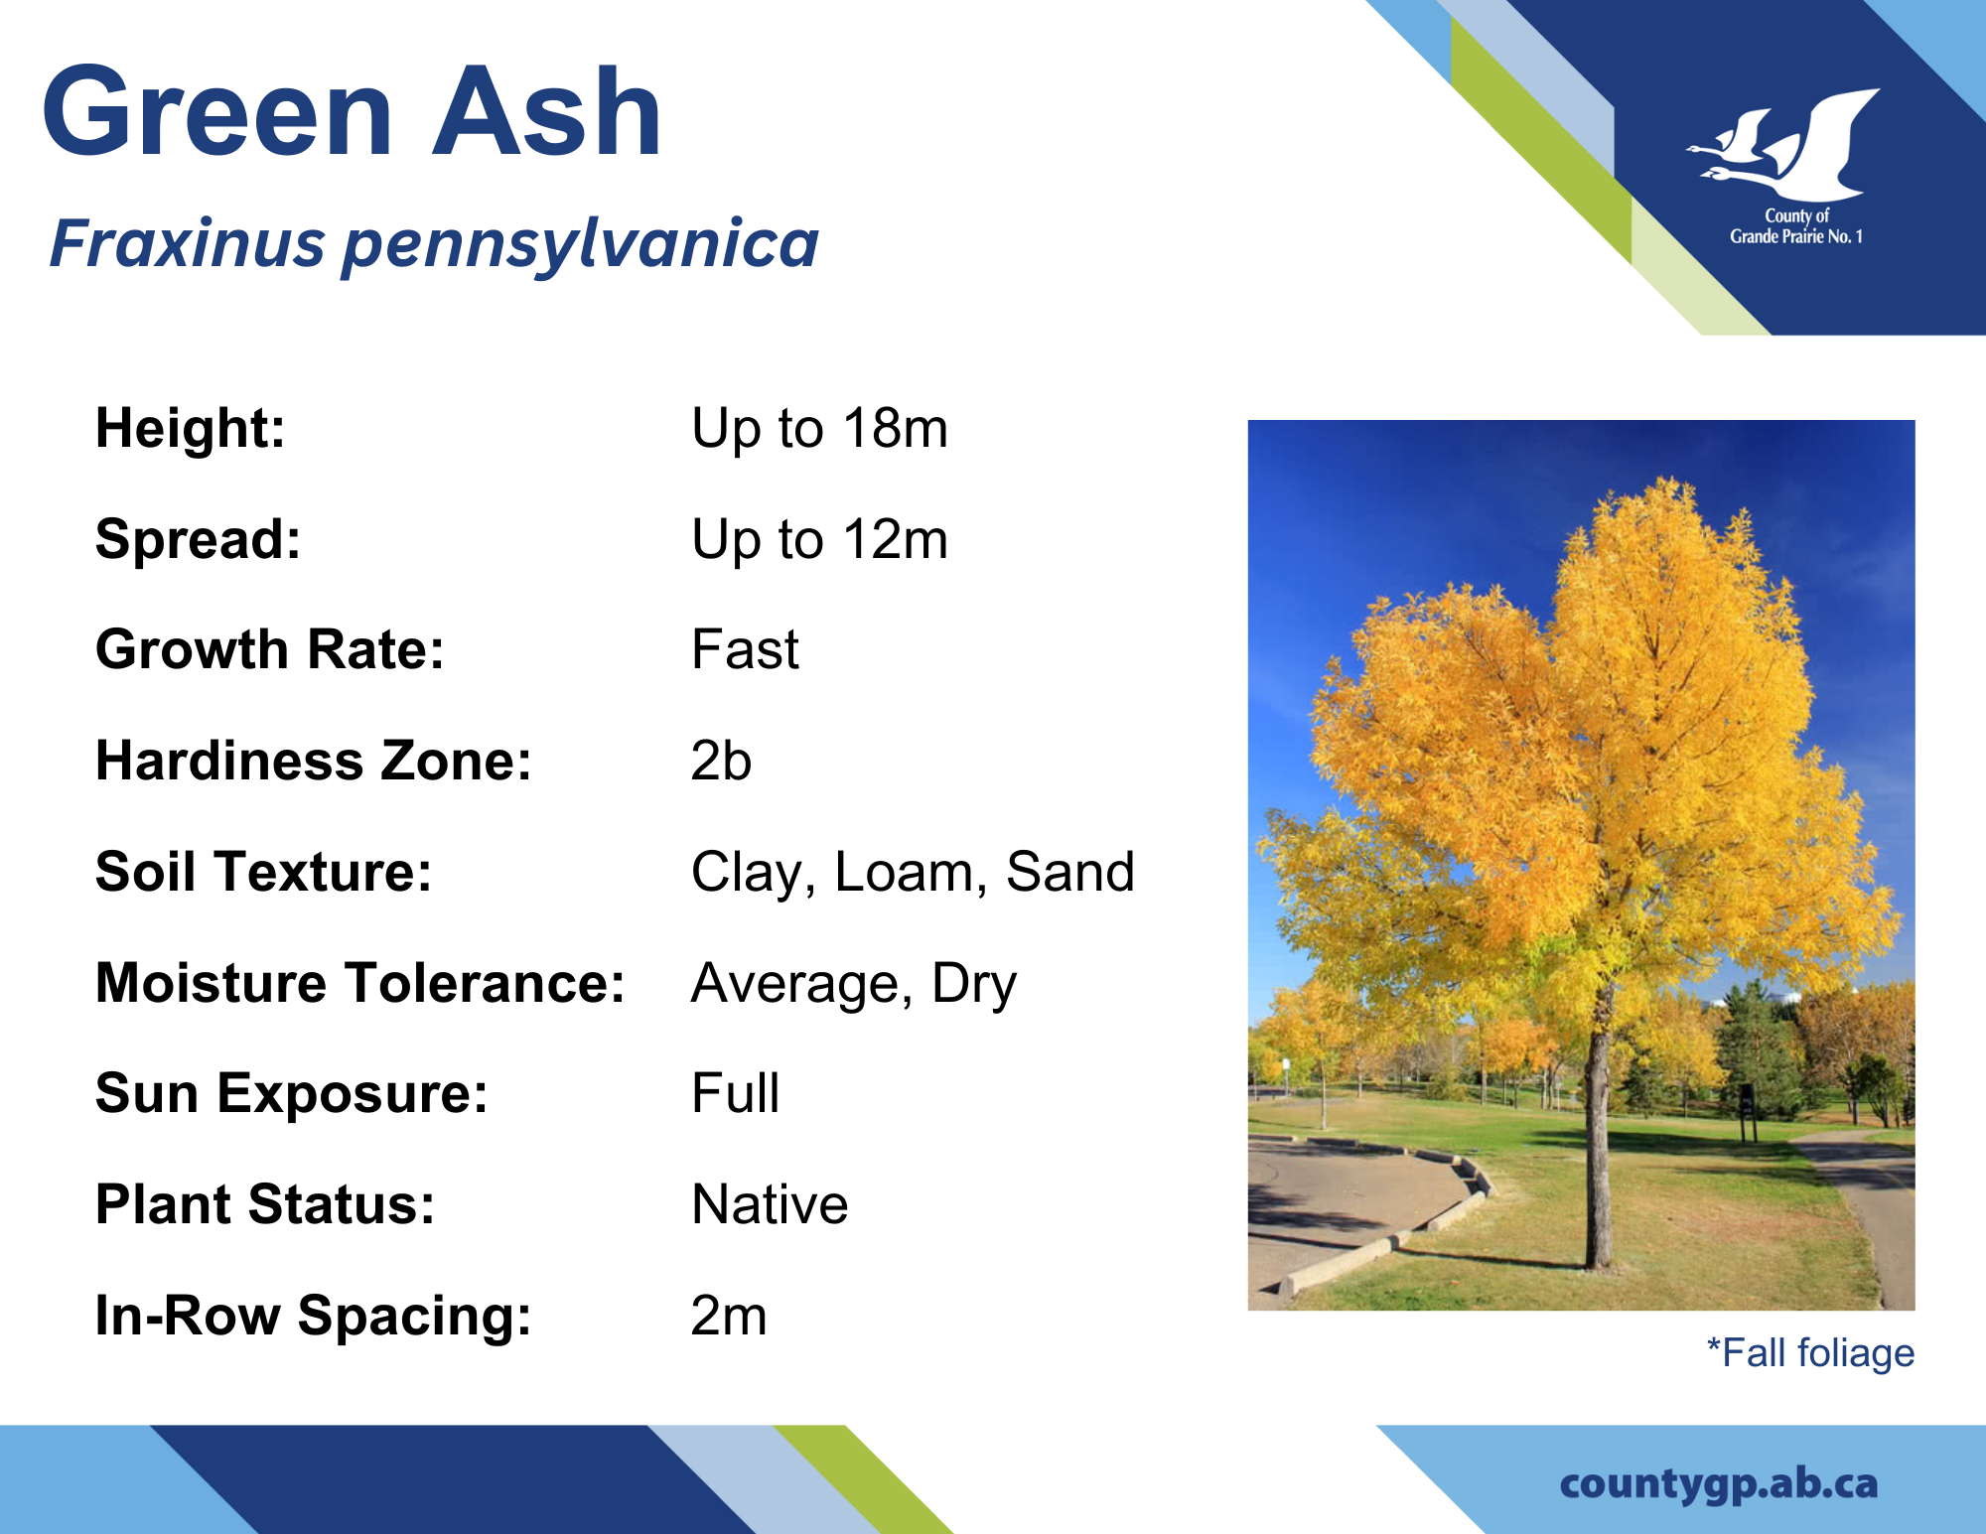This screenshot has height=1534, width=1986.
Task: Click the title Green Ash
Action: [353, 111]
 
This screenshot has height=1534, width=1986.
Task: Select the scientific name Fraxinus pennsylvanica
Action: [434, 244]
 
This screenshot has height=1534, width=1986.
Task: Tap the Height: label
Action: [191, 428]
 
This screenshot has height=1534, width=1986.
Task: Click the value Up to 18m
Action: [819, 429]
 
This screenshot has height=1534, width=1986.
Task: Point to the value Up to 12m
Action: [819, 540]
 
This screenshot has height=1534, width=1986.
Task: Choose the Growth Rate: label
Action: [270, 649]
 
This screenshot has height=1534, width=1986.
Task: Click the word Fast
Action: [745, 649]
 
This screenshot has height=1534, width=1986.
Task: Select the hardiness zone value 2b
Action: [721, 761]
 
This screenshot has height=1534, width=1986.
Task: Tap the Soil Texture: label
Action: [264, 872]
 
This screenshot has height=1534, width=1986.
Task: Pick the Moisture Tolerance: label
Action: [360, 983]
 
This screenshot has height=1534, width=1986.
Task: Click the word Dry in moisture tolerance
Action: [974, 985]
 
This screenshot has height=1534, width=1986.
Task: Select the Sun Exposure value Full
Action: [735, 1093]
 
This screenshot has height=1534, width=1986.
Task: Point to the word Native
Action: [770, 1204]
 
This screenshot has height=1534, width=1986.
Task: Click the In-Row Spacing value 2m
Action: [729, 1316]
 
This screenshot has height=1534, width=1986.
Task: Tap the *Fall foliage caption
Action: [1810, 1353]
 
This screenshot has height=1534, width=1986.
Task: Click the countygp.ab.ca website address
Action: [1719, 1484]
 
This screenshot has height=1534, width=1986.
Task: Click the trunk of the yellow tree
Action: [1598, 1142]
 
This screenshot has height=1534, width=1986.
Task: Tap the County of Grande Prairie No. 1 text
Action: [1796, 226]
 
